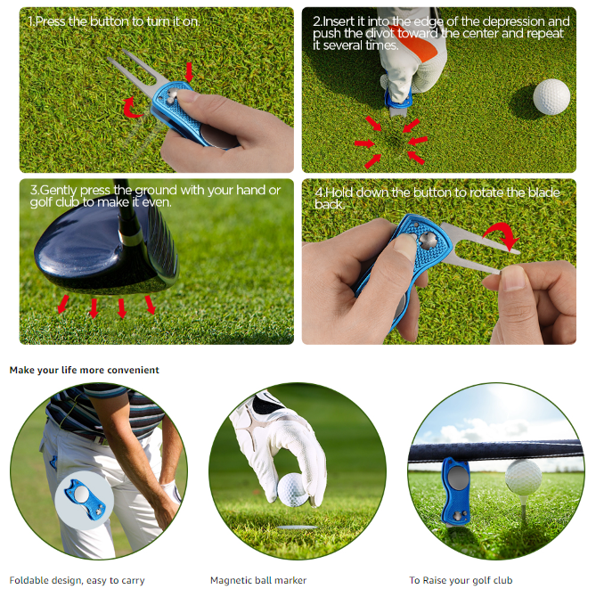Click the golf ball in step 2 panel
coord(551,97)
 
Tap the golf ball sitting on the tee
coord(523,478)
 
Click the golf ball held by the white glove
coord(293,490)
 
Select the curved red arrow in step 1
coord(132,107)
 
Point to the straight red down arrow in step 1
coord(189,72)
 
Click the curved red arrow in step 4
coord(502,233)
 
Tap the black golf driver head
coord(107,248)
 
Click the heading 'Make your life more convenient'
coord(84,370)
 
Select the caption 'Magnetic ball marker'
coord(258,580)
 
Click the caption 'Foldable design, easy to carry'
coord(77,581)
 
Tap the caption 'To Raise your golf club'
coord(461,581)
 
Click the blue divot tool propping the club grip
coord(456,491)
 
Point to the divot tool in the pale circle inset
coord(85,499)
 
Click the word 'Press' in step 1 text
coord(50,21)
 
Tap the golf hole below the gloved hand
coord(298,527)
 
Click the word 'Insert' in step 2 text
coord(338,21)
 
